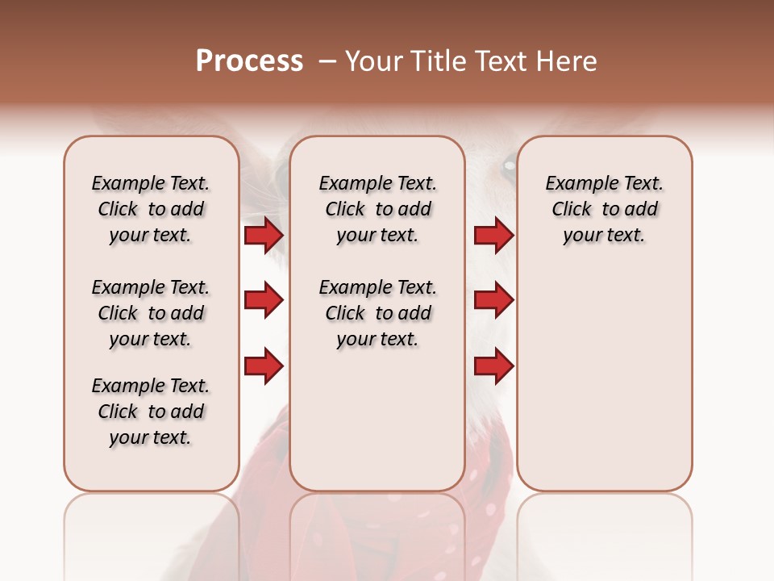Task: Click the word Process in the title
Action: [249, 61]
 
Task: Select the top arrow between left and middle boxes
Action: [264, 235]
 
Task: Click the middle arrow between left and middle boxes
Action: [264, 301]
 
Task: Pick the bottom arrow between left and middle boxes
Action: [264, 367]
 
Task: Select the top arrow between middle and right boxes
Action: [493, 235]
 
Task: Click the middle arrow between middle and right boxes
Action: [493, 301]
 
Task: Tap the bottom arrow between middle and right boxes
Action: [493, 367]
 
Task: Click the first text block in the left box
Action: [151, 209]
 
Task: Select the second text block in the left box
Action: [151, 313]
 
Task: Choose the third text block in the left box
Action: [151, 412]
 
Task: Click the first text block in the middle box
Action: [377, 209]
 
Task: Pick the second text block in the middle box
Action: [377, 313]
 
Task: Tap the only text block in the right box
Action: [604, 209]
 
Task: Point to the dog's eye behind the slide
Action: [508, 167]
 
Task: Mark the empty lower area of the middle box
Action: [377, 420]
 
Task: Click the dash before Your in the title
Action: [327, 61]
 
